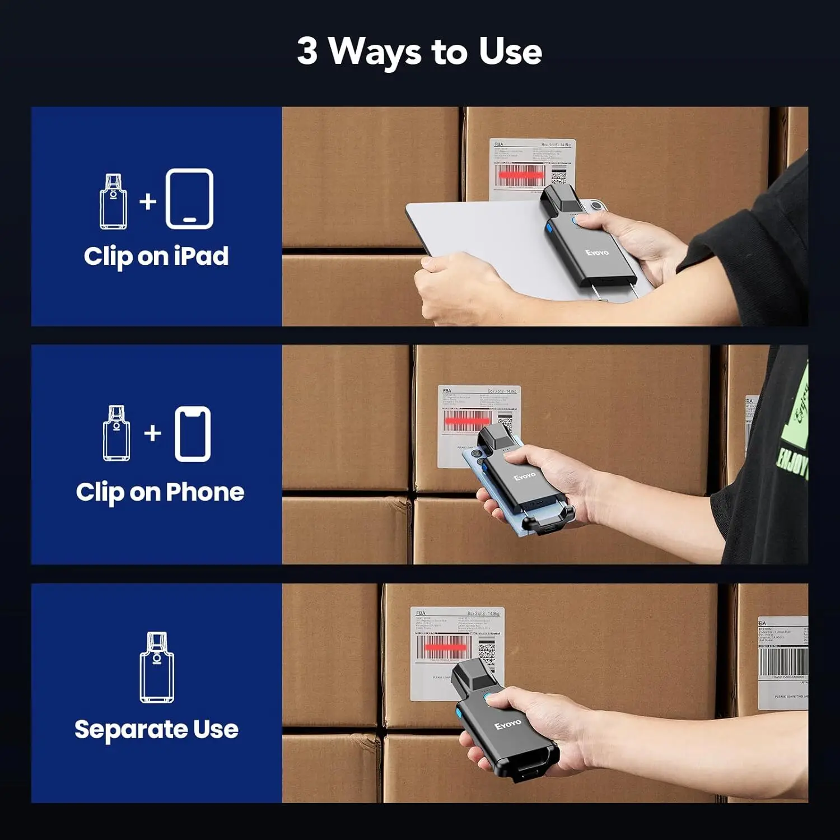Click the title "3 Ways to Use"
tap(419, 52)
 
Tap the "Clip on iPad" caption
tap(156, 256)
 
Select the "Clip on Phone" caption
tap(160, 492)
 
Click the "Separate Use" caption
tap(156, 729)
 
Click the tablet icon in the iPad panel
tap(189, 199)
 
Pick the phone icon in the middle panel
tap(193, 434)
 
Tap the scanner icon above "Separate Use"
tap(157, 668)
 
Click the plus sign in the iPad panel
tap(148, 201)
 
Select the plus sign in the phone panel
tap(152, 433)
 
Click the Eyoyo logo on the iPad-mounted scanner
tap(597, 253)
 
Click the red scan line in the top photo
tap(521, 175)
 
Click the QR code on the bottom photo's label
tap(486, 652)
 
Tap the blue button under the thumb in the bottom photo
tap(489, 698)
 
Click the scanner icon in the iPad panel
tap(113, 201)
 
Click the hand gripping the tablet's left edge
tap(454, 288)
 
